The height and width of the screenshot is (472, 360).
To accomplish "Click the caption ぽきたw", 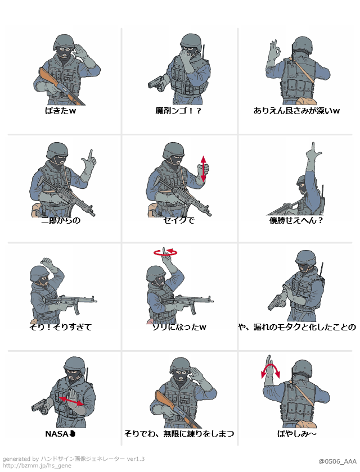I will [x=61, y=111].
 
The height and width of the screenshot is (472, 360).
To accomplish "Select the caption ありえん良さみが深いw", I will [x=296, y=111].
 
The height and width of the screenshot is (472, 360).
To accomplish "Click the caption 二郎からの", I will [x=61, y=220].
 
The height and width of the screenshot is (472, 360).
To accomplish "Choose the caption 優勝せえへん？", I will [x=296, y=220].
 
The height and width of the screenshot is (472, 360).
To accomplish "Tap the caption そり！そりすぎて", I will [x=61, y=326].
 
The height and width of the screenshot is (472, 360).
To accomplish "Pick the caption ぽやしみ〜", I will [x=296, y=434].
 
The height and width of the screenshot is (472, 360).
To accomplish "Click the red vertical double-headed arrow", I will [x=203, y=168].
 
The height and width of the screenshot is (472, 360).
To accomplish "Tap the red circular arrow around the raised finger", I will [x=165, y=253].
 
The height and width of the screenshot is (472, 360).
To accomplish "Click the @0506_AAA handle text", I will [x=337, y=461].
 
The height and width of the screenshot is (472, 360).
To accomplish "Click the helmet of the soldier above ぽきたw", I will [x=64, y=42].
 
